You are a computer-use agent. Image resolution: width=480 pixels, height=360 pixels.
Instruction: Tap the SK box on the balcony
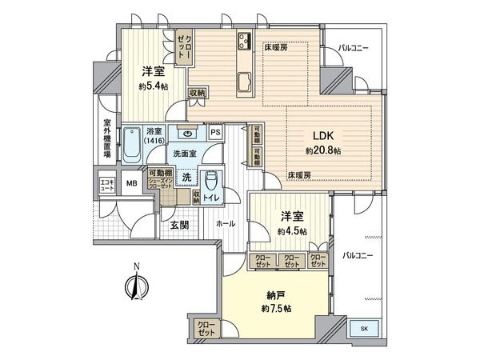click(363, 329)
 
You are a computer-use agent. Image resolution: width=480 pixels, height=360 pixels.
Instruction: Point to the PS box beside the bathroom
click(215, 132)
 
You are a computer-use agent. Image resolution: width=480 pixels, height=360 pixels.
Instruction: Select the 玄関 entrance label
click(178, 226)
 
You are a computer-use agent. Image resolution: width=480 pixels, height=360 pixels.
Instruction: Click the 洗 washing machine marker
click(186, 175)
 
